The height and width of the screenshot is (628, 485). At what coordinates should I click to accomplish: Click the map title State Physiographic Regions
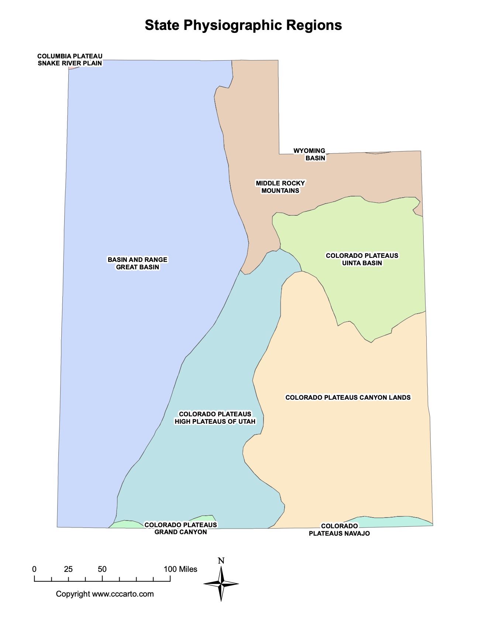point(243,25)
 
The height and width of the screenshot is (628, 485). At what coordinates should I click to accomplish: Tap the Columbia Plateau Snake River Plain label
point(70,59)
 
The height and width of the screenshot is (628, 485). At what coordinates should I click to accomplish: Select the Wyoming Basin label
point(310,154)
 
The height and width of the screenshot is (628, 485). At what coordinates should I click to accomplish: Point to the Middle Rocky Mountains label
point(280,187)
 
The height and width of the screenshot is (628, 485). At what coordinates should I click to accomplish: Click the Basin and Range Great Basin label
point(137,263)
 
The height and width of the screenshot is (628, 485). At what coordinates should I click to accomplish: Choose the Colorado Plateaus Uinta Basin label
point(362,259)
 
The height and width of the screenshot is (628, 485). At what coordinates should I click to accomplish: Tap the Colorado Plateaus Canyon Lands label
point(348,397)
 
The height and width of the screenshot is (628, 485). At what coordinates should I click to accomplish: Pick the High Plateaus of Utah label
point(215,418)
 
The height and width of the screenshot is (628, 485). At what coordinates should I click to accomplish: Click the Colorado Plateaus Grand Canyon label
point(180,528)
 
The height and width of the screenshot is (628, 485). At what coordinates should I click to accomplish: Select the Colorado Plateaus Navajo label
point(339,530)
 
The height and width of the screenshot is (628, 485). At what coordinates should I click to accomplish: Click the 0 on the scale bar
point(34,569)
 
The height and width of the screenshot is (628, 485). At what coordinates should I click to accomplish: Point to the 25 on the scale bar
point(68,569)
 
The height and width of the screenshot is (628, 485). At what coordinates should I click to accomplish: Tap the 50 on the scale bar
point(102,569)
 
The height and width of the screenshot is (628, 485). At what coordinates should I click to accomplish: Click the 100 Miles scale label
point(180,569)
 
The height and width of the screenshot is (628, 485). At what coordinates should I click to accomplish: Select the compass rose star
point(221,584)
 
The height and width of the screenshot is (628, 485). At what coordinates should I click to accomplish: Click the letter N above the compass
point(221,561)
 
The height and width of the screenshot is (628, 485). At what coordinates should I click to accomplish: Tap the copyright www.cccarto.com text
point(105,594)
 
